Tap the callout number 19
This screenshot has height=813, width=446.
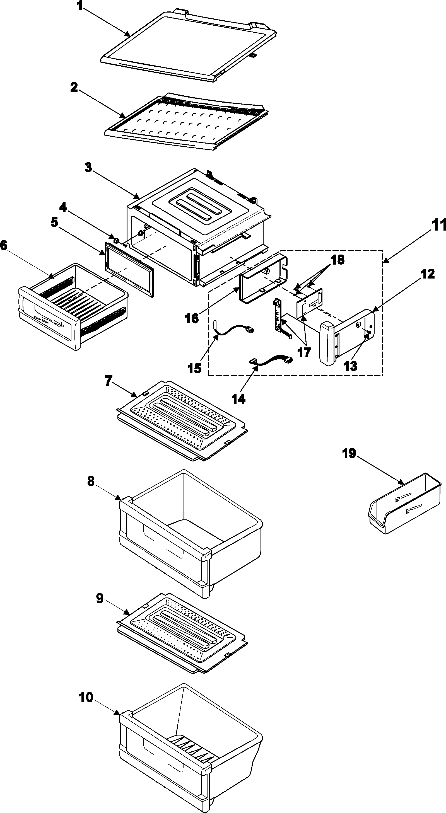(349, 454)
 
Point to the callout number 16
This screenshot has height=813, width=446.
(192, 318)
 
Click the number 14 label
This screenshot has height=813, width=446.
(238, 399)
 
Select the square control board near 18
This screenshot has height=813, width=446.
(309, 302)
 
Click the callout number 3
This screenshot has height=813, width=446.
(88, 168)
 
